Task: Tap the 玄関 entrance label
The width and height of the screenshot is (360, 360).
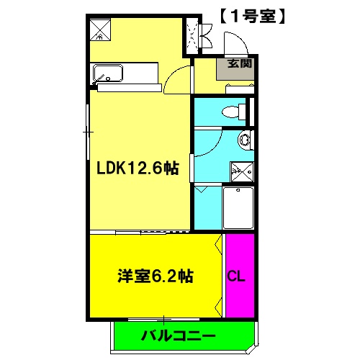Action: point(240,63)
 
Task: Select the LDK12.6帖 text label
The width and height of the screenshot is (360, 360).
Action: point(138,168)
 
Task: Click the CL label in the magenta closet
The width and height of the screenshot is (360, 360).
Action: point(235,275)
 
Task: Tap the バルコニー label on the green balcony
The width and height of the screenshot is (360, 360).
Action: point(177,336)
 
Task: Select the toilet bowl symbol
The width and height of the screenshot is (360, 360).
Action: point(232,112)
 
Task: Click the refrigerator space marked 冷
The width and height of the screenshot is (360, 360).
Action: point(99,28)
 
